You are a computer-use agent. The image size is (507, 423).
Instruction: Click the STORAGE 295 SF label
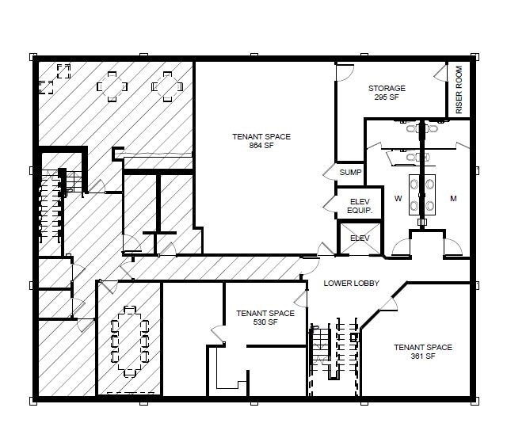(387, 93)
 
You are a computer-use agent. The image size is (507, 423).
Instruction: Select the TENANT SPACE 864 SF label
(261, 141)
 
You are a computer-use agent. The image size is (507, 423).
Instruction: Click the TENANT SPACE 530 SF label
(265, 318)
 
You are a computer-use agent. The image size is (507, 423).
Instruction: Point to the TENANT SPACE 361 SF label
(422, 352)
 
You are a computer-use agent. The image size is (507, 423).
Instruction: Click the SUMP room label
(350, 172)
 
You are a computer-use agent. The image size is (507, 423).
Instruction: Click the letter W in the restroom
(398, 199)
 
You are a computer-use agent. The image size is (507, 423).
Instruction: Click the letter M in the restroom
(453, 199)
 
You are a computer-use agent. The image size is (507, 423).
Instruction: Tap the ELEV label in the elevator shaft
(360, 238)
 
